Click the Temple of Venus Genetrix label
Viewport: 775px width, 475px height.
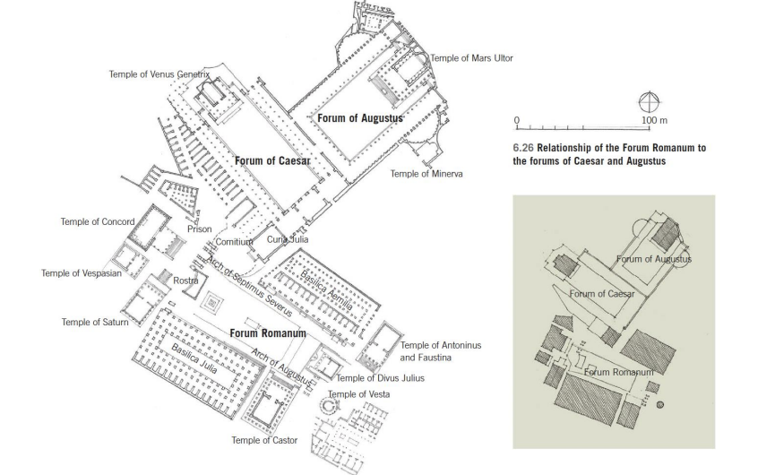(159, 74)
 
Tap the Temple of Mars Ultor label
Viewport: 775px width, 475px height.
(471, 58)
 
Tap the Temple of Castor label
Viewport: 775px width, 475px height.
(264, 440)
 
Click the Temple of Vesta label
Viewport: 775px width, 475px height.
(359, 394)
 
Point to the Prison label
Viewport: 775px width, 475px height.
(200, 229)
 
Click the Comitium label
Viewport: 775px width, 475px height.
(236, 241)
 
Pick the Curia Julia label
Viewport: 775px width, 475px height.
(288, 239)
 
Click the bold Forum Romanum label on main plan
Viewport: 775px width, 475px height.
(268, 333)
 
